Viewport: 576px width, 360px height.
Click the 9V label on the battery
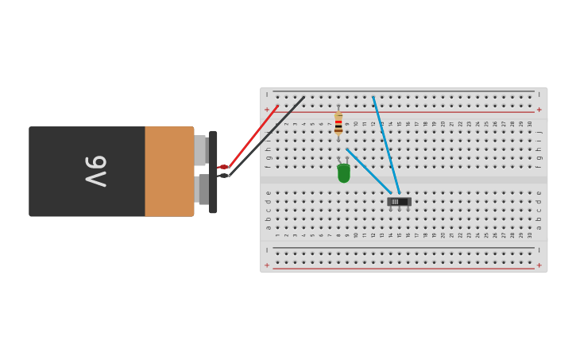pyautogui.click(x=95, y=171)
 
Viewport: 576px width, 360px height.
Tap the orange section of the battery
pyautogui.click(x=169, y=171)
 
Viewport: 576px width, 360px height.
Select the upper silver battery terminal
pyautogui.click(x=200, y=150)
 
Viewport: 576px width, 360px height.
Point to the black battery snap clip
pyautogui.click(x=213, y=172)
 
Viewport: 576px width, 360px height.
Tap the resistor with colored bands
pyautogui.click(x=338, y=122)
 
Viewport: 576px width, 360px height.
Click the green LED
pyautogui.click(x=343, y=172)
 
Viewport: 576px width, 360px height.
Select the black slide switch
pyautogui.click(x=399, y=202)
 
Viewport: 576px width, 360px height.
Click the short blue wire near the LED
pyautogui.click(x=368, y=170)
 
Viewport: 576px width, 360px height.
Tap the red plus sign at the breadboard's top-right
pyautogui.click(x=539, y=110)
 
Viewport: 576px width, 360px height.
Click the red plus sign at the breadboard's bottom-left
pyautogui.click(x=267, y=265)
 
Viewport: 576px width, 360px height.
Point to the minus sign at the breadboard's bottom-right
pyautogui.click(x=539, y=250)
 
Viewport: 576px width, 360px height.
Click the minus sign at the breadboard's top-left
pyautogui.click(x=267, y=94)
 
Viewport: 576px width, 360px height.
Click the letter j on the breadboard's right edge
pyautogui.click(x=539, y=132)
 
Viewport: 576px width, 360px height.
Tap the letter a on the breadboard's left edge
pyautogui.click(x=268, y=228)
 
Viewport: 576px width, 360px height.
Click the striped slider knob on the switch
pyautogui.click(x=395, y=202)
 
